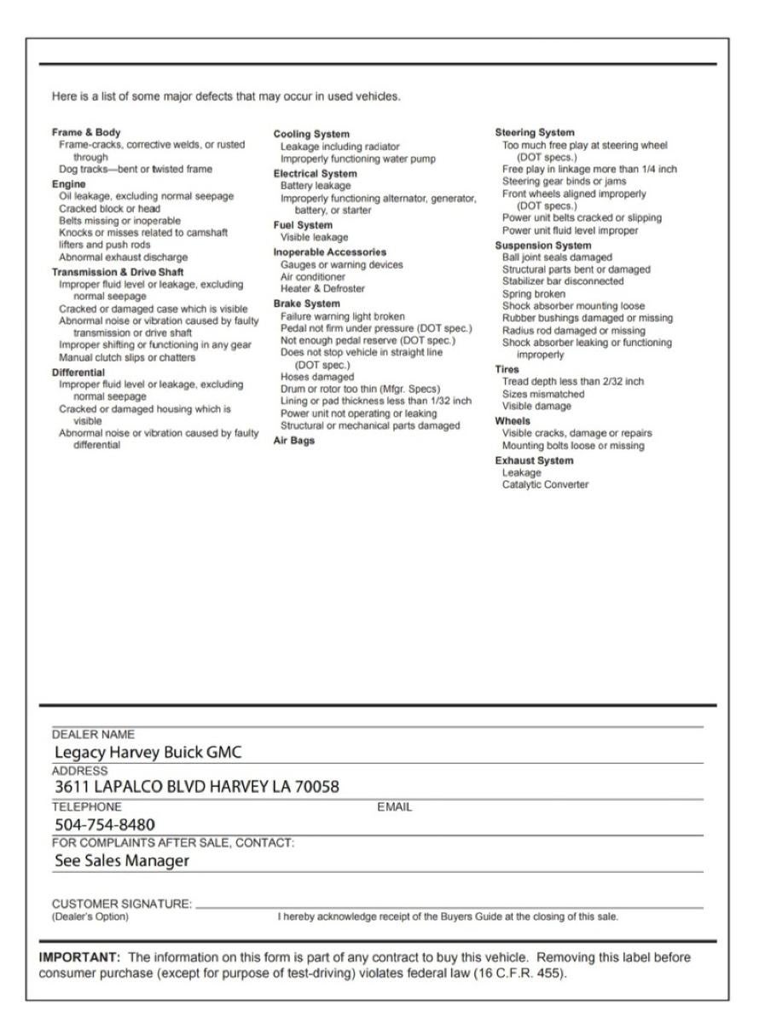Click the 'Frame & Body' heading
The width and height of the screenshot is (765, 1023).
(x=86, y=133)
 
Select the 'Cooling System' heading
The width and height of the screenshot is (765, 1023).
(x=310, y=135)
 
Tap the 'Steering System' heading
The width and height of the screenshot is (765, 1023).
(x=535, y=133)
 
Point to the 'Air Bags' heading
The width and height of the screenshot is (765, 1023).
(x=293, y=441)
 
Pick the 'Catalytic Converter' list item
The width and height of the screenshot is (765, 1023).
(x=545, y=485)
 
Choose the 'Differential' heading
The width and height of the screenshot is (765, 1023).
(x=78, y=373)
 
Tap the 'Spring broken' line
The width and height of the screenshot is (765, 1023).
(x=533, y=294)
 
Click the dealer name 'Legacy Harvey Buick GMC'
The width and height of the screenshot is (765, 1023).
(x=148, y=753)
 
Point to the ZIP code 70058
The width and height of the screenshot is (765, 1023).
(x=315, y=786)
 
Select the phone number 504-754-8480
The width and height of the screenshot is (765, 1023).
(x=105, y=824)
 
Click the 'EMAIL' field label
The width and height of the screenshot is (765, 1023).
(x=394, y=806)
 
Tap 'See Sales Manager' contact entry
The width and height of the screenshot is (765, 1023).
(x=122, y=861)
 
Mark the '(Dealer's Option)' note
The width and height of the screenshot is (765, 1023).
(x=90, y=917)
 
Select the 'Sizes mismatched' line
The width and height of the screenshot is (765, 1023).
(x=543, y=395)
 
